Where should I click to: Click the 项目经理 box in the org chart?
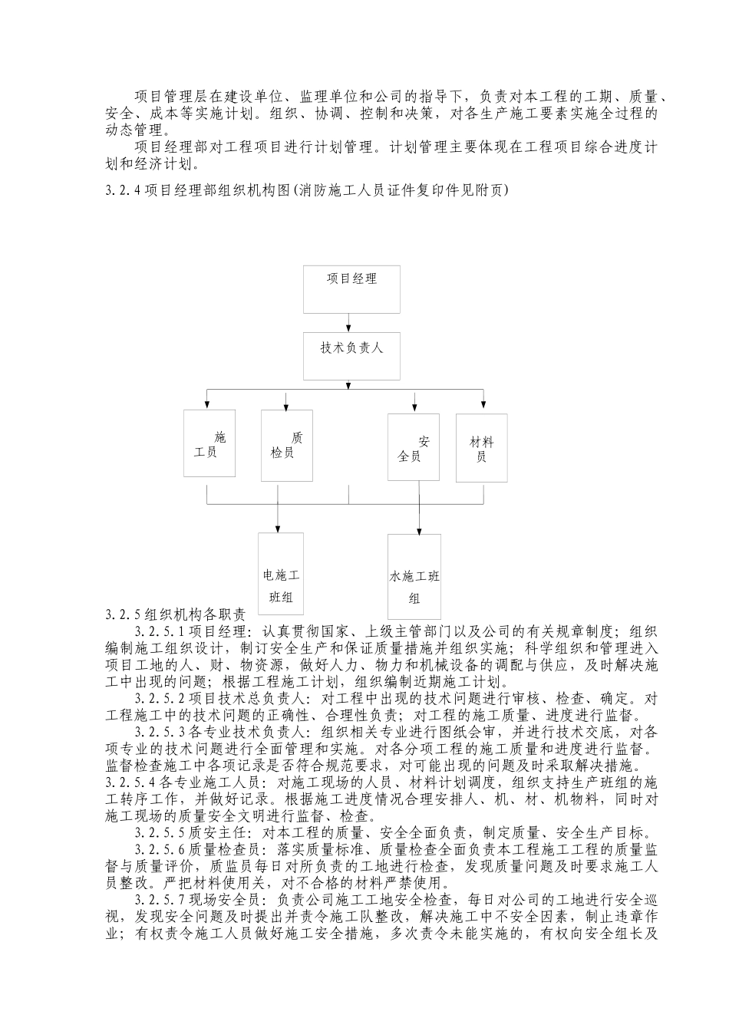[351, 289]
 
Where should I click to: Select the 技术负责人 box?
[351, 356]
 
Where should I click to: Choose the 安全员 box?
[413, 448]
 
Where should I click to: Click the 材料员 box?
[482, 448]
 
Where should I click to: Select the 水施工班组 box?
[414, 576]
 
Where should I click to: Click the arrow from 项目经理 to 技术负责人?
[350, 322]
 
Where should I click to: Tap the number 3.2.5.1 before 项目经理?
[160, 632]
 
